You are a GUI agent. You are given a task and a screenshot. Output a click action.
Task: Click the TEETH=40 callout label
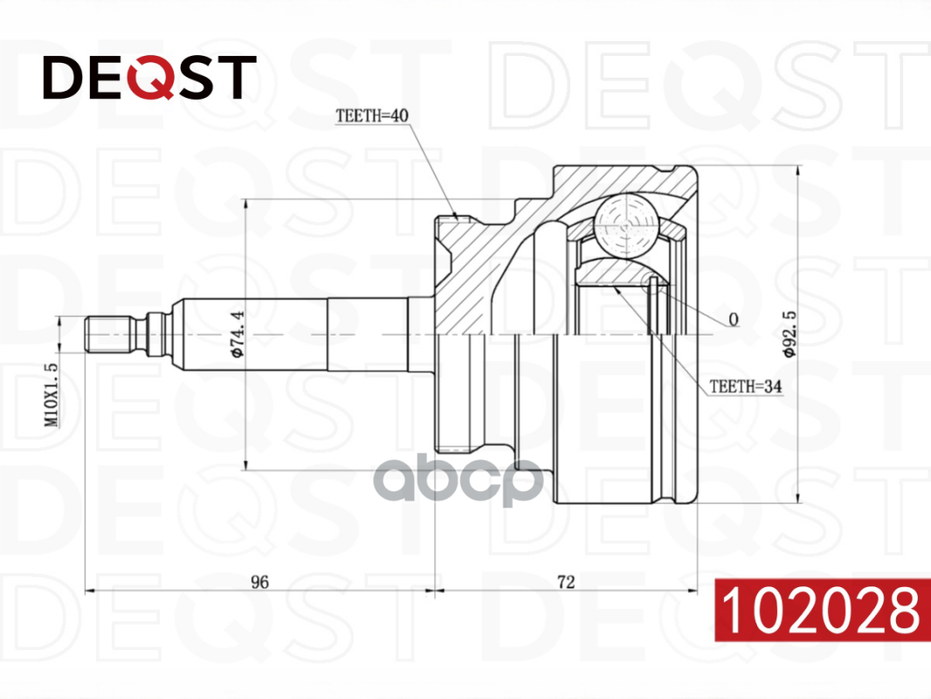(372, 116)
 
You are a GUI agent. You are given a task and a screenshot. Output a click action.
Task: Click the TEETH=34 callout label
(745, 386)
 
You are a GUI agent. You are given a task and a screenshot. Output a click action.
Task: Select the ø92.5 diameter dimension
(790, 334)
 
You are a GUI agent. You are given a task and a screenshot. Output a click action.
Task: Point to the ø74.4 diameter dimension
(238, 335)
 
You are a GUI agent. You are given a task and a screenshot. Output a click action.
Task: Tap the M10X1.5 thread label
(52, 395)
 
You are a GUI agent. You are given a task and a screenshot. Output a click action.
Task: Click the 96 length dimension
(259, 582)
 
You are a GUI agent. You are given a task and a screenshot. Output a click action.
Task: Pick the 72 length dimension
(566, 582)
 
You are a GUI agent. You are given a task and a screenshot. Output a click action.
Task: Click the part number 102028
(821, 610)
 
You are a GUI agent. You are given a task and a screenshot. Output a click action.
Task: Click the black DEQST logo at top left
(149, 77)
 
